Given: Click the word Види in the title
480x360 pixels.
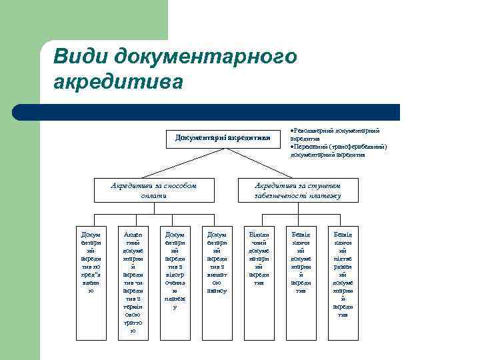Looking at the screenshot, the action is [80, 57].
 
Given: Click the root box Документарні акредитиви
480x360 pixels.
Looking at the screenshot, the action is [223, 138].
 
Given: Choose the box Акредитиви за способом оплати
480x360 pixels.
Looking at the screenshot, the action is [153, 190].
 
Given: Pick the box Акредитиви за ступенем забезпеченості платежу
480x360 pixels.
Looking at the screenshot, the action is [298, 190].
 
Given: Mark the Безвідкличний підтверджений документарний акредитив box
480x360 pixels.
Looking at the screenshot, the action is [342, 273].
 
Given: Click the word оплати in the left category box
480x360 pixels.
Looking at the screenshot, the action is [153, 195].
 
